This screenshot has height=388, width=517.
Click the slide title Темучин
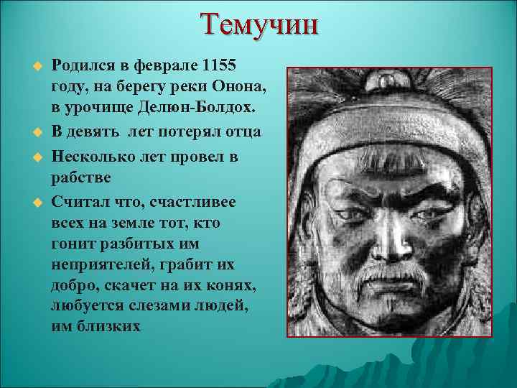[x=259, y=25]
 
